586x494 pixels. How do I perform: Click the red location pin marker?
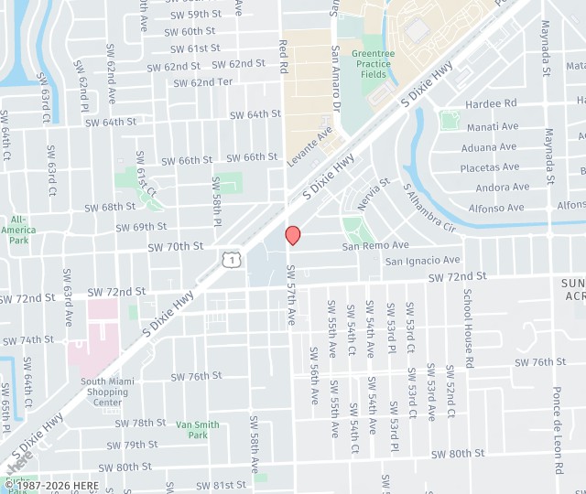pos(293,235)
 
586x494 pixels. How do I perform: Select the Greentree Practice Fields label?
pos(373,65)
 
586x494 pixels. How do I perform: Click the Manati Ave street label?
pos(493,126)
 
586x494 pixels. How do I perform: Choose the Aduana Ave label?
pos(490,147)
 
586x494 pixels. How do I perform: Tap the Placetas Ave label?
pos(489,167)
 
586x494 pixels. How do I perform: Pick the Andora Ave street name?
pos(502,188)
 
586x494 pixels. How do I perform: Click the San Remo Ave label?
pos(375,245)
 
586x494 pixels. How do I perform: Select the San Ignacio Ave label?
pos(422,261)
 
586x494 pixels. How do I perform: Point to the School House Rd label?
pos(468,328)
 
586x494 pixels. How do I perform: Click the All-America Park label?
pos(18,230)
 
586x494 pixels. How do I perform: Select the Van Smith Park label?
pos(198,430)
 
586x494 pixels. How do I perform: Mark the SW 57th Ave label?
pos(291,295)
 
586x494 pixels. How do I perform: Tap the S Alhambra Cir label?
pos(429,207)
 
